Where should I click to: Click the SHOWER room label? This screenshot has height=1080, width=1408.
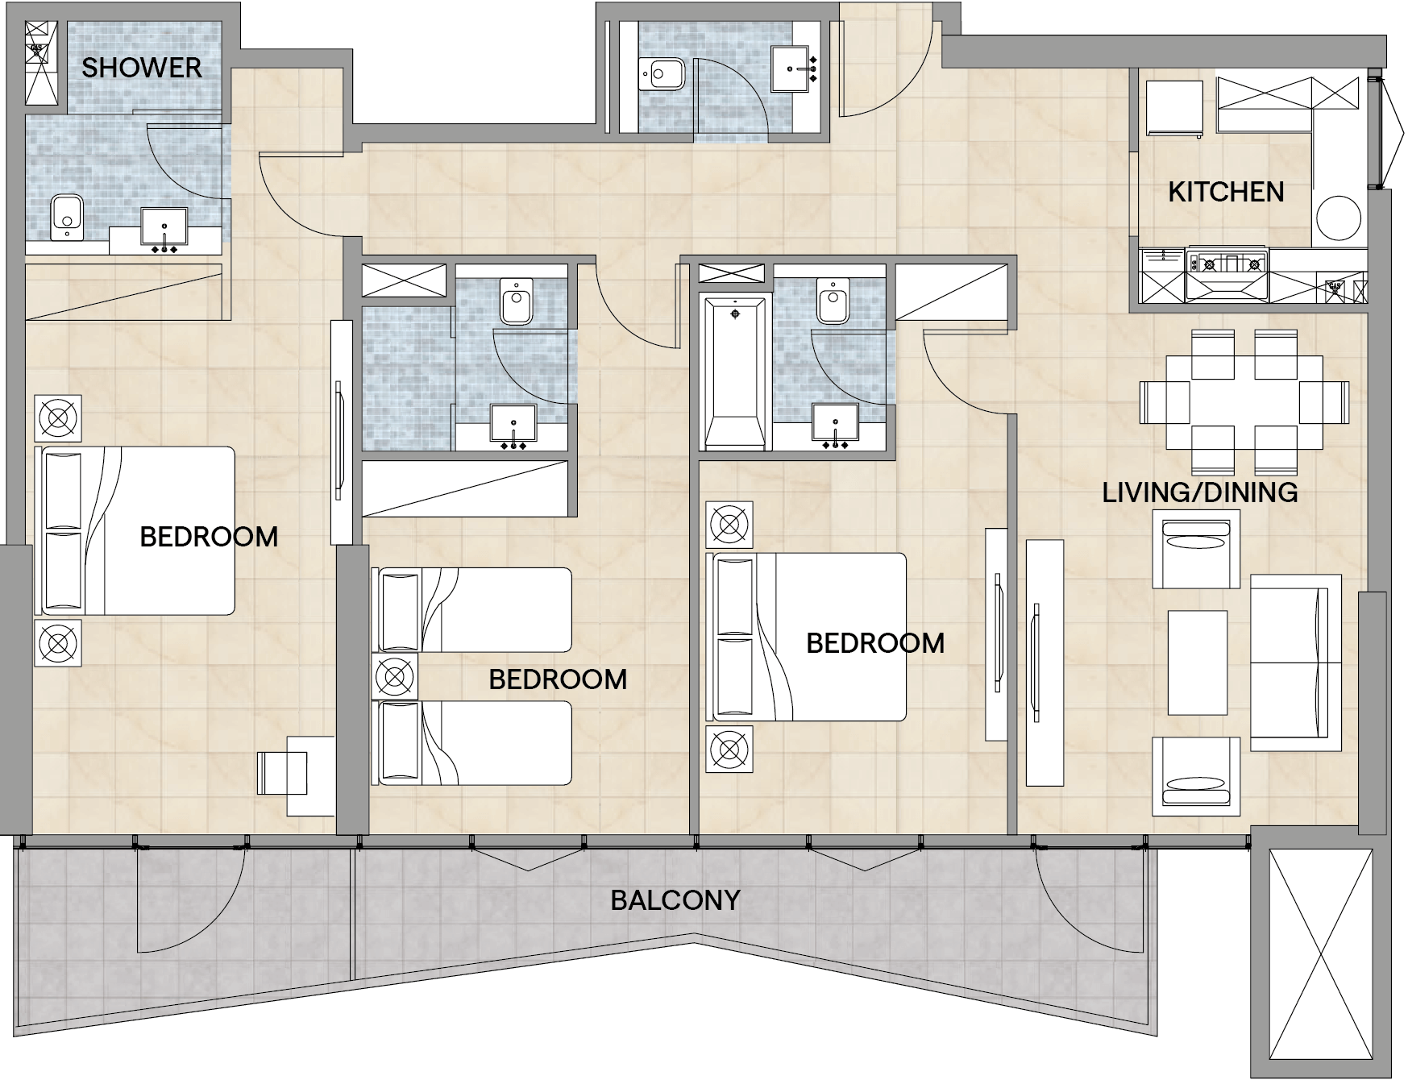point(141,68)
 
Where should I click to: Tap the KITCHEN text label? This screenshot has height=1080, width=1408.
point(1226,192)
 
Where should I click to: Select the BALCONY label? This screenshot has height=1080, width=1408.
point(675,899)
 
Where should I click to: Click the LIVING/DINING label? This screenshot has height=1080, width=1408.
point(1199,492)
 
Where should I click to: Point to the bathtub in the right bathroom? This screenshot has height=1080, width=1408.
point(734,373)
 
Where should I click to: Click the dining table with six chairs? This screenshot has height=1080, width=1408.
point(1244,402)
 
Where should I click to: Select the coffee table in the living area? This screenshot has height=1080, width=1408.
point(1198,663)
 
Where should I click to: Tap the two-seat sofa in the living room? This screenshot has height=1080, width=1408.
point(1294,663)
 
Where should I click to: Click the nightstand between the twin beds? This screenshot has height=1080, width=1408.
point(394,675)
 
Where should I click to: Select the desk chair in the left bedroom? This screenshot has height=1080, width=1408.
point(282,774)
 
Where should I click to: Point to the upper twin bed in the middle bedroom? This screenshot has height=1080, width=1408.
point(474,610)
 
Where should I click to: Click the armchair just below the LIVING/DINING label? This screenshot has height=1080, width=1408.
point(1195,549)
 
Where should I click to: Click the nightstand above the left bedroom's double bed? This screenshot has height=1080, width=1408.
point(58,417)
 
